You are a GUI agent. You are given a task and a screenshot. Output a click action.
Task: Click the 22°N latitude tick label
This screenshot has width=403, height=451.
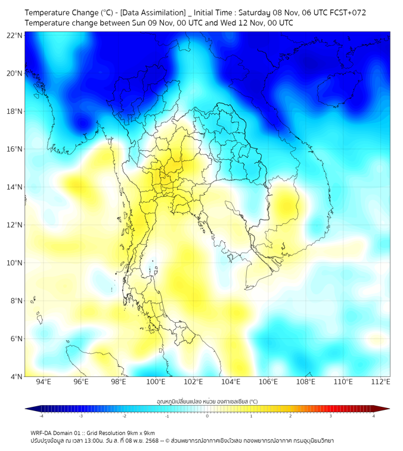15,35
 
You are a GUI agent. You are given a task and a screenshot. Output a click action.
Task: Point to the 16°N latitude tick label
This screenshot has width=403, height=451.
15,149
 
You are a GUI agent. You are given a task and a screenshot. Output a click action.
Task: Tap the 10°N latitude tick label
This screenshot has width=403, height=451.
15,262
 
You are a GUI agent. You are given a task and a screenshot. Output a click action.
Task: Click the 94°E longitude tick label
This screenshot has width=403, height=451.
44,382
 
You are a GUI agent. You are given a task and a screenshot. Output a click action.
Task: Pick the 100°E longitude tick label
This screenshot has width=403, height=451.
156,382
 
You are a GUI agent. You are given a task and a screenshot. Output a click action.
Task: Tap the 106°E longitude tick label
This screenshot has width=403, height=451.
268,382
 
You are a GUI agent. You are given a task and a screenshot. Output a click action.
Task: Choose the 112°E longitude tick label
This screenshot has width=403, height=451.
380,382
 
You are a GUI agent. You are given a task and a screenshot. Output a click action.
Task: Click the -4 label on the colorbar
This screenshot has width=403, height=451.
41,416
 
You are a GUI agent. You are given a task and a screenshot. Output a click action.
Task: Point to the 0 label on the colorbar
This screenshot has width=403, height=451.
207,416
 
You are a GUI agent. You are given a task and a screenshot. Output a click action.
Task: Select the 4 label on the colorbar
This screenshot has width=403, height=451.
374,416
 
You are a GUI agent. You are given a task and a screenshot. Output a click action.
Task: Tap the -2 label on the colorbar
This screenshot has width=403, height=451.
123,416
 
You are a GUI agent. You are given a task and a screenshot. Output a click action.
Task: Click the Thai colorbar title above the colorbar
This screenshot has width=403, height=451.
207,401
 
